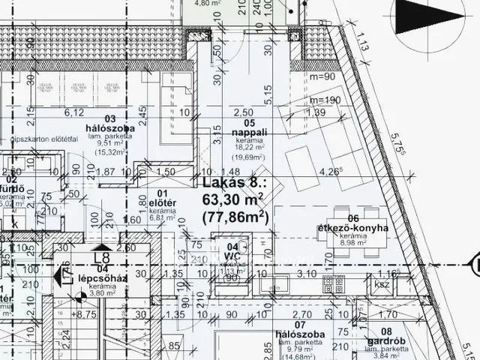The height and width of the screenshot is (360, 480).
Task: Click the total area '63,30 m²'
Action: point(234,200)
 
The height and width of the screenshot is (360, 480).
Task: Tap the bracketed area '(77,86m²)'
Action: point(235,217)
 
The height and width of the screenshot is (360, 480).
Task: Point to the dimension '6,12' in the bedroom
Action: point(74,112)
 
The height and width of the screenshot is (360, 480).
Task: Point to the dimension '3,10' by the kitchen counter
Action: point(305,274)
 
